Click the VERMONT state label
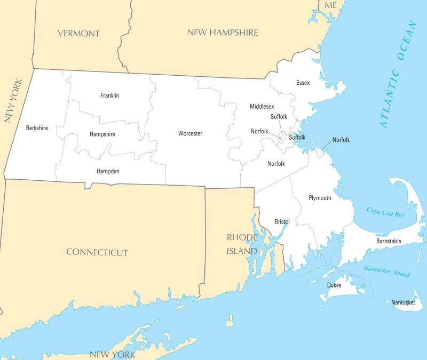[78, 33]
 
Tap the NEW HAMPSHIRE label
[222, 33]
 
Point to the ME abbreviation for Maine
[331, 5]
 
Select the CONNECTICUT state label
[97, 252]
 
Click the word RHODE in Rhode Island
[242, 237]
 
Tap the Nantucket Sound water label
[387, 271]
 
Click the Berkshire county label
[37, 128]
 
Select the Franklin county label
[109, 95]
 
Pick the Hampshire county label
[102, 134]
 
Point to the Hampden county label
[108, 171]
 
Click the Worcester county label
[190, 133]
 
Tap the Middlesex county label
[262, 107]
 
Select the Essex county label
[303, 83]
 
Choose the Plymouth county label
[320, 198]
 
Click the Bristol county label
[282, 221]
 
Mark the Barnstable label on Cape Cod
[389, 241]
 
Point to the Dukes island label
[334, 285]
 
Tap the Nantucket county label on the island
[403, 302]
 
